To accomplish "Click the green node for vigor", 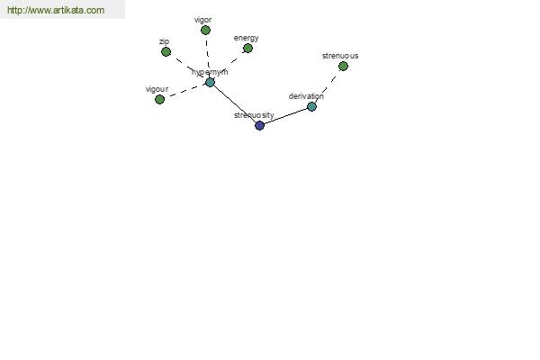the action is [x=205, y=31].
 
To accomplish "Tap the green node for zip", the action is [x=166, y=51].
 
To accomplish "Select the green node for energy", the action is [x=247, y=49].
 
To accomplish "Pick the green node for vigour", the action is [x=159, y=100].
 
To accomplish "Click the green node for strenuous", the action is [x=343, y=66].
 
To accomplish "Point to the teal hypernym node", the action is [x=210, y=82].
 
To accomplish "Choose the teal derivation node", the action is [x=311, y=107].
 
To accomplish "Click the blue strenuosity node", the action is [x=260, y=125].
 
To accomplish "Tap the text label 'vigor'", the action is [x=202, y=21].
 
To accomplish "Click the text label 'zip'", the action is [x=165, y=41].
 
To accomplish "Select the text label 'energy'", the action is [x=247, y=38].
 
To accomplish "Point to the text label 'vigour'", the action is [x=157, y=89].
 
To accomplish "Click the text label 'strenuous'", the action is [x=340, y=56].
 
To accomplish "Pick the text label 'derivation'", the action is [x=306, y=96].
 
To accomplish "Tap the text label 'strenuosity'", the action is [x=254, y=115].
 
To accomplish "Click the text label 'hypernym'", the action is [x=210, y=72].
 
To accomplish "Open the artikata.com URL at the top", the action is [x=56, y=10].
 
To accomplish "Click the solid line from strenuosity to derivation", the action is [x=285, y=116].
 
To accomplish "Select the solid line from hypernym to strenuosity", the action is [x=235, y=104].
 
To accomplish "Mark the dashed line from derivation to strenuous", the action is [x=327, y=87].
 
